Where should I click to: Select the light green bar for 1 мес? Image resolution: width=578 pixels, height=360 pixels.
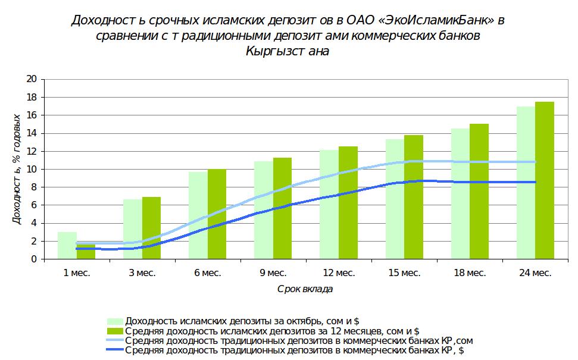[67, 245]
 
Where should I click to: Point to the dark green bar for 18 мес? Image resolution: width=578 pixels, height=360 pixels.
[479, 191]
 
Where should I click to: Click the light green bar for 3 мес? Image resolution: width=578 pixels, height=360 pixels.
[133, 229]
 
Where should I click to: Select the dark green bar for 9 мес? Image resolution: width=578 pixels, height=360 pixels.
[282, 208]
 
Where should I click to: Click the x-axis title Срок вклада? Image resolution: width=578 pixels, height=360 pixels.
[305, 289]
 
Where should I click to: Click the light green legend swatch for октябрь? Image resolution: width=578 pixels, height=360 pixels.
[115, 322]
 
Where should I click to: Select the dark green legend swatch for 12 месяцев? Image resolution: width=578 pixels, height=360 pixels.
[115, 331]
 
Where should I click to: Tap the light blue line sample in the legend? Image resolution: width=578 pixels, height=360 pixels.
[115, 340]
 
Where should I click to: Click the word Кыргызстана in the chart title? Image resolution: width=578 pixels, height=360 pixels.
[287, 51]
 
